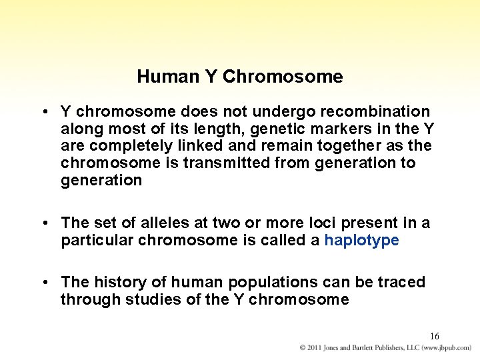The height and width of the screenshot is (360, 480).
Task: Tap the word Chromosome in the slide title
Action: coord(283,77)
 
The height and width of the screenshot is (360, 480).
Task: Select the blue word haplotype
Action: coord(361,240)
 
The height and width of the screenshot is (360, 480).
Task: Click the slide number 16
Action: coord(434,336)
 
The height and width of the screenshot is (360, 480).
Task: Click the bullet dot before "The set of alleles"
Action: coord(44,223)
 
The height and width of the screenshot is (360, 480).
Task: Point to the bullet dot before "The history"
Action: coord(44,283)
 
